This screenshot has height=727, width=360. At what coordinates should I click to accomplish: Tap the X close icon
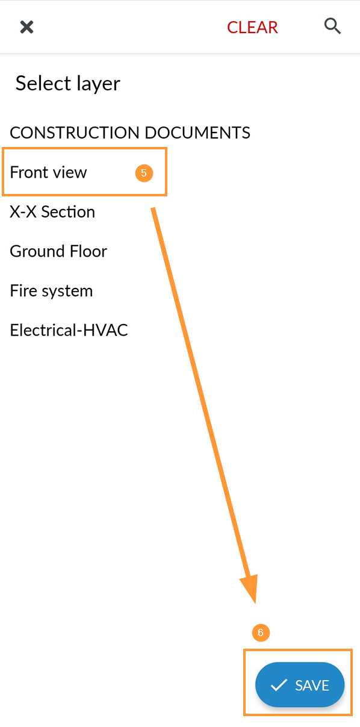pyautogui.click(x=26, y=27)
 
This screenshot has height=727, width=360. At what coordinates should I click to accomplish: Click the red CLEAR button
pyautogui.click(x=252, y=27)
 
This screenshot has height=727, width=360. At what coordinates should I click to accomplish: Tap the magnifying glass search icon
pyautogui.click(x=332, y=26)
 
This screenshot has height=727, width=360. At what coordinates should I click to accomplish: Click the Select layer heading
pyautogui.click(x=68, y=83)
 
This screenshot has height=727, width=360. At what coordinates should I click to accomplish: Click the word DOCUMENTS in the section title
pyautogui.click(x=197, y=133)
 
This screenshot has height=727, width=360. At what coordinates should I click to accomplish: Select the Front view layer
pyautogui.click(x=48, y=172)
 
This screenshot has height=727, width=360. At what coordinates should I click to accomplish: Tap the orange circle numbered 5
pyautogui.click(x=144, y=173)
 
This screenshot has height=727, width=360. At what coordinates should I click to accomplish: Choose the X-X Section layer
pyautogui.click(x=52, y=211)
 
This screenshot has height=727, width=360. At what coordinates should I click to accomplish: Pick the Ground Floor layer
pyautogui.click(x=58, y=251)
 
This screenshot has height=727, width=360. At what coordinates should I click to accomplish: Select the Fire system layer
pyautogui.click(x=51, y=291)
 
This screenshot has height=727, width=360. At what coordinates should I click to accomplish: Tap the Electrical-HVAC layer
pyautogui.click(x=69, y=330)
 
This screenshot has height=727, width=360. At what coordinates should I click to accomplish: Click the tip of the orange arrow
pyautogui.click(x=255, y=604)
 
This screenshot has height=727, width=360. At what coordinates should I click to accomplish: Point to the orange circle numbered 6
pyautogui.click(x=261, y=632)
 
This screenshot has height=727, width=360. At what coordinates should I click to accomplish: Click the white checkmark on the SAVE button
pyautogui.click(x=279, y=685)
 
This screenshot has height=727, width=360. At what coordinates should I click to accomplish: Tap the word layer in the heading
pyautogui.click(x=99, y=84)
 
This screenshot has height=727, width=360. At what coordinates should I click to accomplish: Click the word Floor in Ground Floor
pyautogui.click(x=88, y=251)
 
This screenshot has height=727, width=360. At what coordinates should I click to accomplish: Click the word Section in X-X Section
pyautogui.click(x=68, y=211)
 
